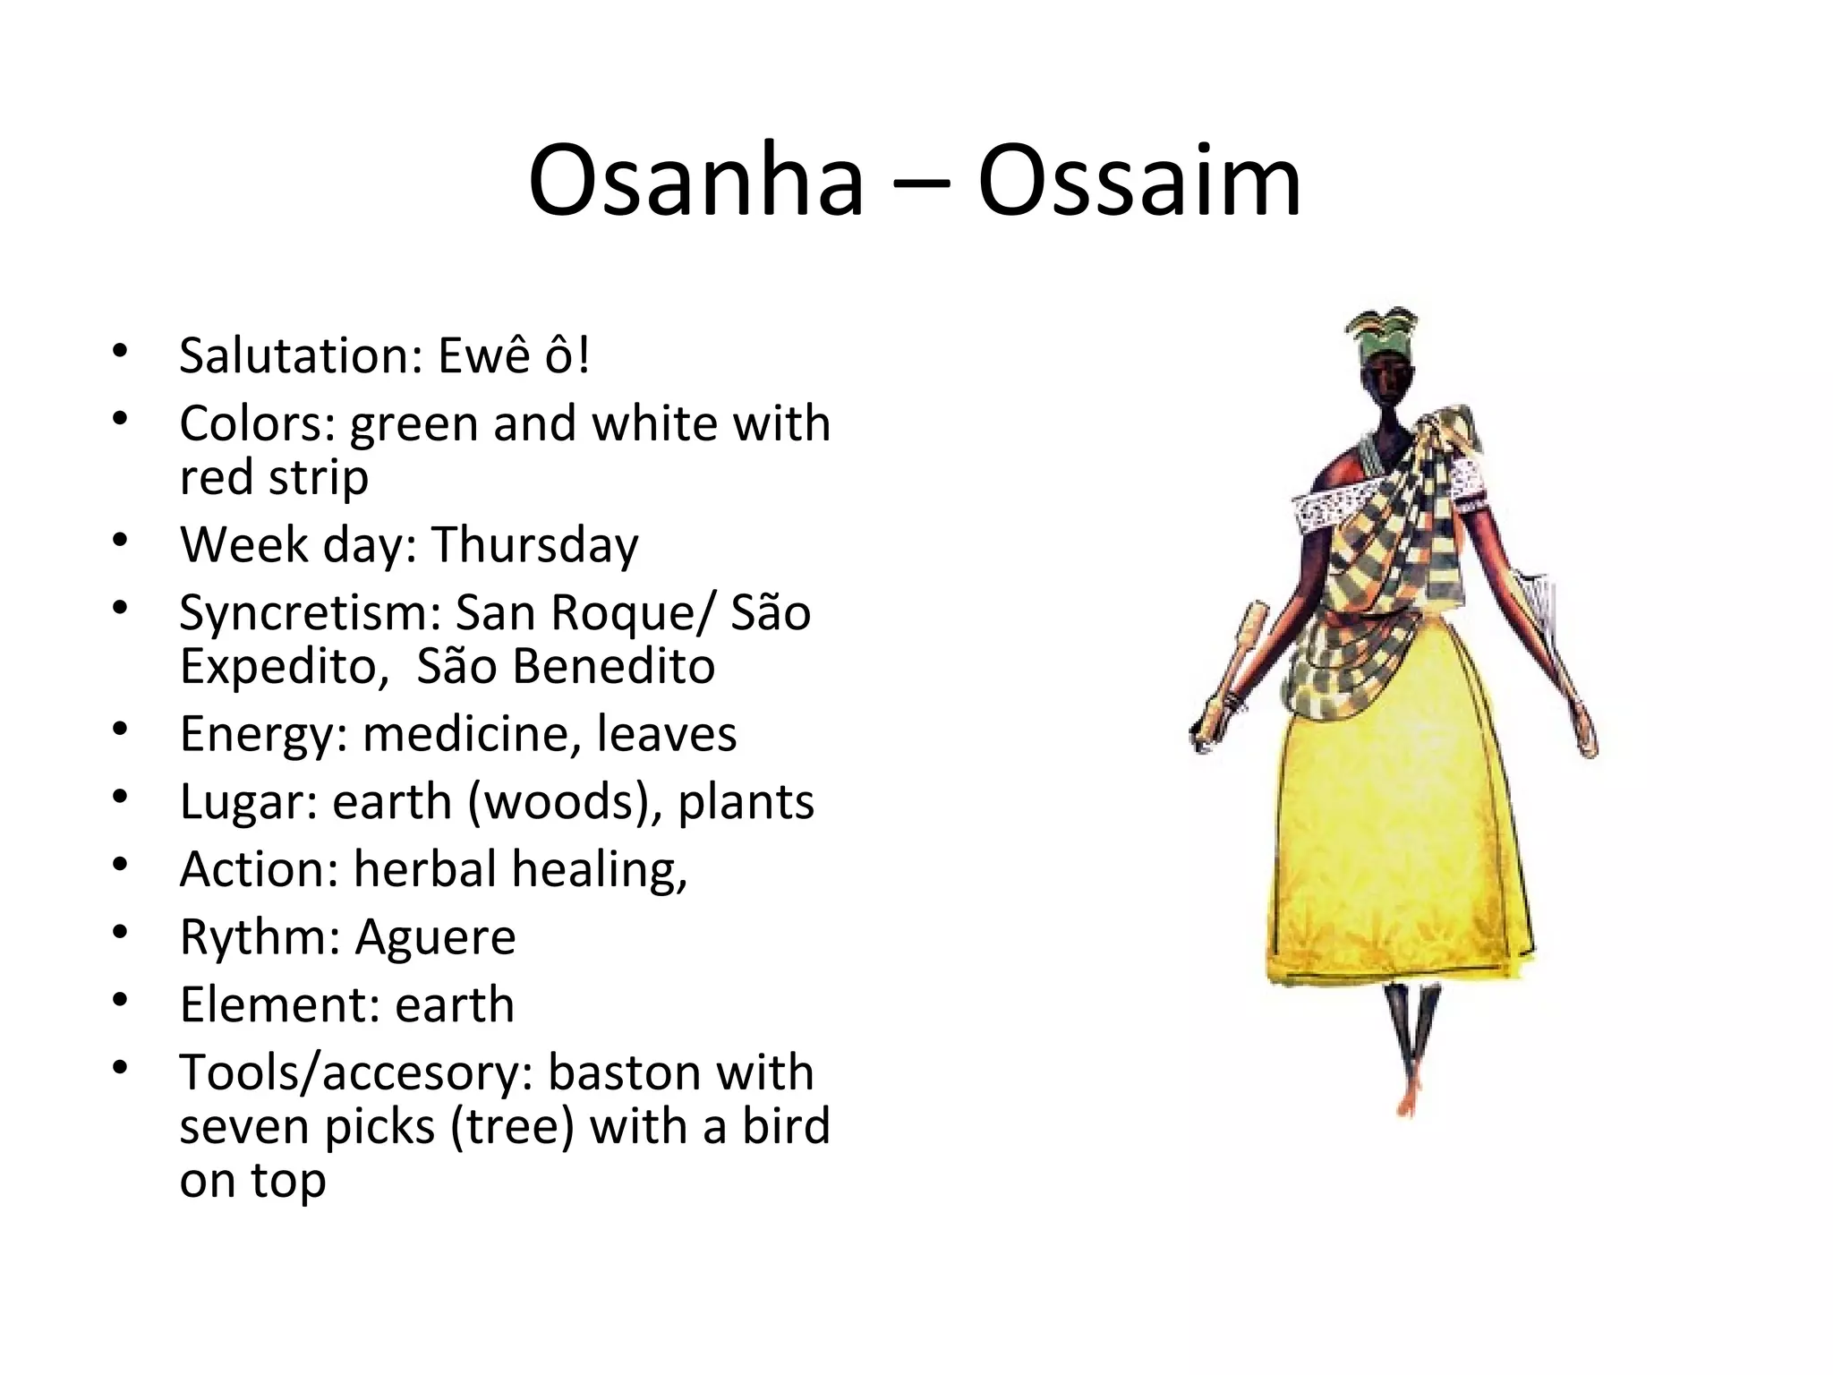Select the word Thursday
[x=534, y=544]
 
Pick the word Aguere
[x=435, y=937]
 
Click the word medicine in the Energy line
[x=466, y=734]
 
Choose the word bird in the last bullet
[x=786, y=1125]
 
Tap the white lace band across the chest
[x=1320, y=510]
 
